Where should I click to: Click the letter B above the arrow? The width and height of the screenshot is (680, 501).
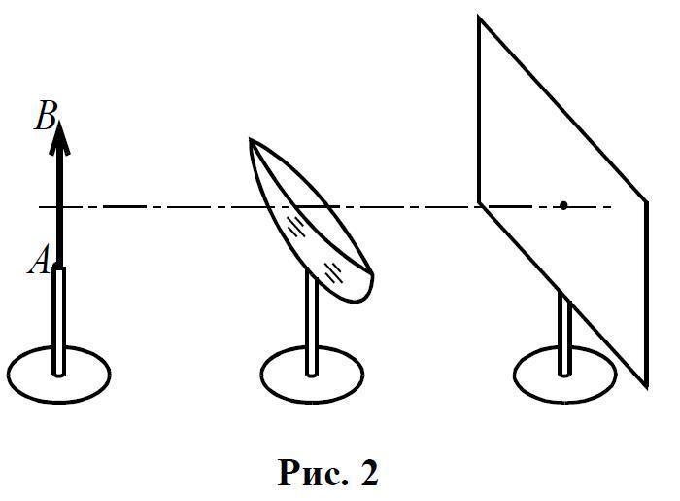(45, 118)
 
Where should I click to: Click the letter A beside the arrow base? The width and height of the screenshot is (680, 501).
(41, 260)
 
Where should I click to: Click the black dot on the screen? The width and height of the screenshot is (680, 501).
(562, 205)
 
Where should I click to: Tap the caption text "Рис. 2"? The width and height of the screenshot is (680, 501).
(328, 473)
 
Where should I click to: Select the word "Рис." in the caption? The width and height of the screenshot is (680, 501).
(310, 473)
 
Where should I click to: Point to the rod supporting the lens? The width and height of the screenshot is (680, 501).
(312, 326)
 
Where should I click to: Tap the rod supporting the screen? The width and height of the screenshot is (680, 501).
(562, 336)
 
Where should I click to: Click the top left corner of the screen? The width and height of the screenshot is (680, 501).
(479, 17)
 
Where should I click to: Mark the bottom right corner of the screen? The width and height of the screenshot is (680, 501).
(646, 387)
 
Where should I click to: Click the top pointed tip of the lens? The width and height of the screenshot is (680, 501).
(252, 140)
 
